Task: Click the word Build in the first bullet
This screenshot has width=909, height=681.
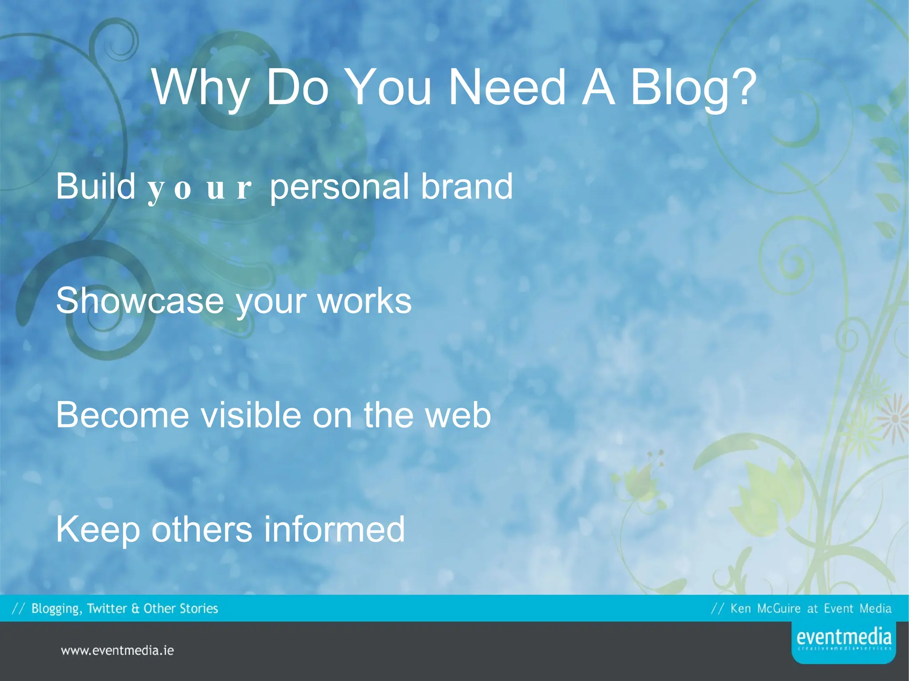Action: click(95, 186)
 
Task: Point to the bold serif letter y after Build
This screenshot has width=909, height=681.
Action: click(155, 190)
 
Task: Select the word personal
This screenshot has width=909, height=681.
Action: click(339, 187)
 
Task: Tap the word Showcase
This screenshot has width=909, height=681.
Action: click(139, 301)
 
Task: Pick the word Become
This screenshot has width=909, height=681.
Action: click(122, 415)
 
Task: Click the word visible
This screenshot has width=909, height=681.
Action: click(252, 415)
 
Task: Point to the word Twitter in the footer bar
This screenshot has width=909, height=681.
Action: click(107, 608)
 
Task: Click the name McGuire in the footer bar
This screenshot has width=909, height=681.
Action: click(779, 608)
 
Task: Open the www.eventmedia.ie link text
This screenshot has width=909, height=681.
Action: click(117, 650)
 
